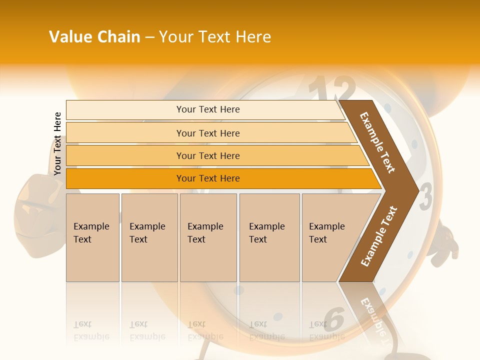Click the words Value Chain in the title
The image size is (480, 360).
click(94, 37)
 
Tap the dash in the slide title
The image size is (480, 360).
click(149, 37)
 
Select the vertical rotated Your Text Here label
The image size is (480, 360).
click(57, 144)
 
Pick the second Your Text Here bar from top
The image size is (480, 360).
click(207, 133)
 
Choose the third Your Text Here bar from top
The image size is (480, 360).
click(207, 156)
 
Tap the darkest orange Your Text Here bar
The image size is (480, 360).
click(207, 178)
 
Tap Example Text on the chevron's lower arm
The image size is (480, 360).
click(378, 236)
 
